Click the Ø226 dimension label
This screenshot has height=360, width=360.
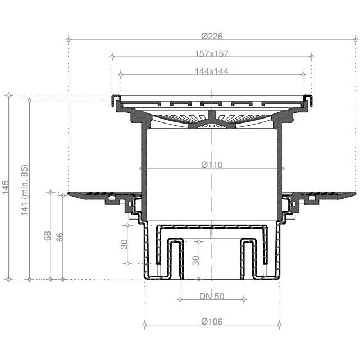click(x=212, y=37)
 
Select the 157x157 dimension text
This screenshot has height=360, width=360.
click(x=212, y=54)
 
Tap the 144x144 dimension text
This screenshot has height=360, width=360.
click(x=212, y=71)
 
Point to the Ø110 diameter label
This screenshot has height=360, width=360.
click(x=212, y=165)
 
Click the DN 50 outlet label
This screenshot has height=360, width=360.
click(x=212, y=297)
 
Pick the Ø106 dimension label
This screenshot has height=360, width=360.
click(x=212, y=322)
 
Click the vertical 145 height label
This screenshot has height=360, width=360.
click(x=6, y=187)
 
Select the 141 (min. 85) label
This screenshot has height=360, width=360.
click(x=25, y=190)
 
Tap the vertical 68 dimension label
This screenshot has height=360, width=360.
click(x=47, y=236)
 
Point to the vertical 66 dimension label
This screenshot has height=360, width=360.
click(x=60, y=237)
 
